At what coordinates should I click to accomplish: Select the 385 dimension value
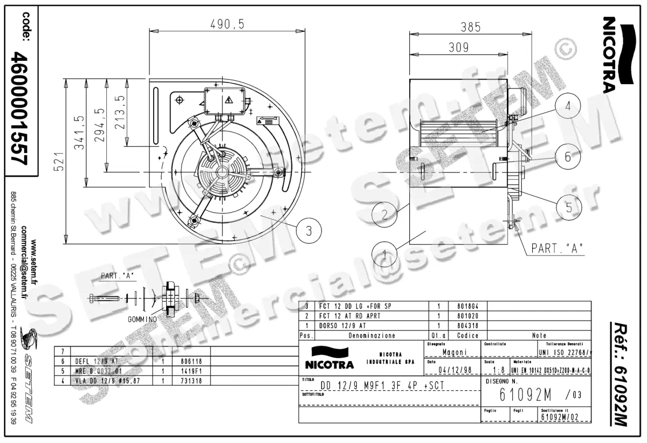(471, 26)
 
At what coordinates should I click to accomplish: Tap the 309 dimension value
(458, 47)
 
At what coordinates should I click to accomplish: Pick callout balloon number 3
(309, 231)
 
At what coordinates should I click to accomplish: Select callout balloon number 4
(568, 106)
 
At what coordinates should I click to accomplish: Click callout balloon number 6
(567, 156)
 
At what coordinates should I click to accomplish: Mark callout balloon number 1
(384, 253)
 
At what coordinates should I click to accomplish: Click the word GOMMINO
(142, 319)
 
